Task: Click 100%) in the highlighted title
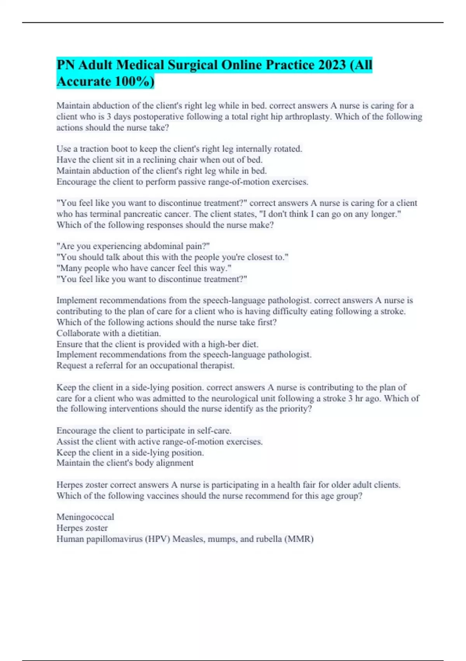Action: tap(134, 81)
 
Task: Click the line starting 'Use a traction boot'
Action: tap(179, 149)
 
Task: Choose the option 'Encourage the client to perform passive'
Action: tap(182, 182)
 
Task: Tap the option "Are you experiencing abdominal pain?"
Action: tap(133, 246)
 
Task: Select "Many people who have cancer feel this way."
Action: tap(144, 268)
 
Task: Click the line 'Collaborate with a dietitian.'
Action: tap(108, 333)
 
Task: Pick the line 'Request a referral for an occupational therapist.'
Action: tap(145, 365)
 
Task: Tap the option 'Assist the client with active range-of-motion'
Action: tap(159, 442)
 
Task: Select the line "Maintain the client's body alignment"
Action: tap(125, 463)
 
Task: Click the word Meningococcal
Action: tap(85, 517)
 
